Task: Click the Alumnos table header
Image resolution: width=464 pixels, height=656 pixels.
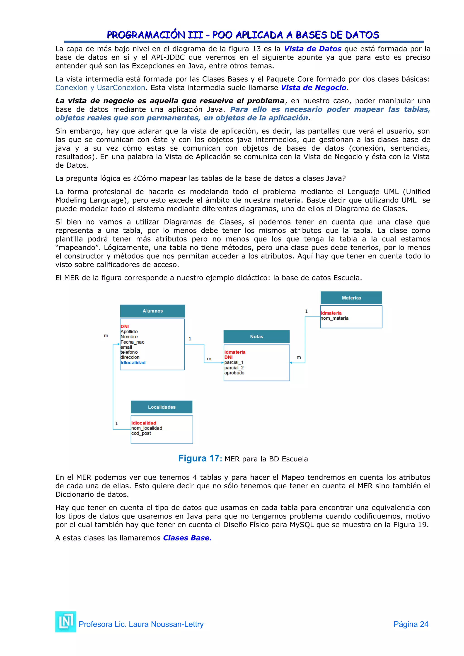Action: [152, 311]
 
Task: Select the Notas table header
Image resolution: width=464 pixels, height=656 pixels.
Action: [256, 337]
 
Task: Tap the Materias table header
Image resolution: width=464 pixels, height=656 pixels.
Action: [351, 298]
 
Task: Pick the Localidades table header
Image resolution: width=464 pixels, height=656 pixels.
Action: [162, 407]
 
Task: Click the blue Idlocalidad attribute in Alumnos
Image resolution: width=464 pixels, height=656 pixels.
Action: [133, 363]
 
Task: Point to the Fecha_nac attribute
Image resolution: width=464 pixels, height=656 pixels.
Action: [132, 342]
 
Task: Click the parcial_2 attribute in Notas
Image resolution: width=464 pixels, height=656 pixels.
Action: [234, 368]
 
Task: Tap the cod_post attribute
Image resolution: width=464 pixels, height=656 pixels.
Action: [141, 433]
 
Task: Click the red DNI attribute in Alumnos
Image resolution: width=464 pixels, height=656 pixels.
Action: [125, 326]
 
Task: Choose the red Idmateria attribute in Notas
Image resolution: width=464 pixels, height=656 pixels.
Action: [234, 352]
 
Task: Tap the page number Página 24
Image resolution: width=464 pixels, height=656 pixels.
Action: [411, 624]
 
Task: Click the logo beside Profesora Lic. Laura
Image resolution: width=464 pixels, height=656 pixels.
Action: [66, 622]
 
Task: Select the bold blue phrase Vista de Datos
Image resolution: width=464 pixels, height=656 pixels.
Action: [313, 49]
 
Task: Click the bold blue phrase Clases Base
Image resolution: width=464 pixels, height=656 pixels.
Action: [187, 538]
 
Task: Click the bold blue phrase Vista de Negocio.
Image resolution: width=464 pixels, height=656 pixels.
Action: [313, 88]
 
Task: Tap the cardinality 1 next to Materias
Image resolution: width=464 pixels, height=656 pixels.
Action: [306, 311]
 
